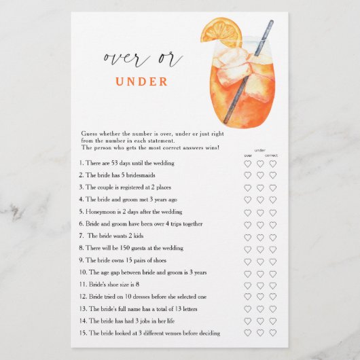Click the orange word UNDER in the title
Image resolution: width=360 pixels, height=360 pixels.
pyautogui.click(x=141, y=82)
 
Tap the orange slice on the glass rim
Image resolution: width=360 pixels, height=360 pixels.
pyautogui.click(x=221, y=32)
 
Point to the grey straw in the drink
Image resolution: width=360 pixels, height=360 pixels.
pyautogui.click(x=249, y=71)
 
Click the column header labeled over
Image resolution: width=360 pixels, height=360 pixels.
pyautogui.click(x=248, y=156)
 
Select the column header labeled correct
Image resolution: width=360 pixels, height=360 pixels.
pyautogui.click(x=272, y=156)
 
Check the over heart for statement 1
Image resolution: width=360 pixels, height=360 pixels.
pyautogui.click(x=247, y=164)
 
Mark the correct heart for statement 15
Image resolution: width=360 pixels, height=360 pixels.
pyautogui.click(x=273, y=333)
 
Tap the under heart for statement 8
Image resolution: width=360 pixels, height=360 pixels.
pyautogui.click(x=260, y=249)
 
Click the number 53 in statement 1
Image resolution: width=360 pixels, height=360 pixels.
pyautogui.click(x=115, y=163)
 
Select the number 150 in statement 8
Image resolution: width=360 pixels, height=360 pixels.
pyautogui.click(x=125, y=248)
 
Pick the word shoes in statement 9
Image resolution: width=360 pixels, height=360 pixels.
pyautogui.click(x=160, y=260)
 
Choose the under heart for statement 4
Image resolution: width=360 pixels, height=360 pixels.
pyautogui.click(x=260, y=200)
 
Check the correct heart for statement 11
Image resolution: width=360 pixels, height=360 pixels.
pyautogui.click(x=273, y=285)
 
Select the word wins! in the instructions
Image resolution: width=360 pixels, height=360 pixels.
pyautogui.click(x=213, y=147)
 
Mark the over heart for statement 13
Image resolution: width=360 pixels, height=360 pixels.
pyautogui.click(x=247, y=309)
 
